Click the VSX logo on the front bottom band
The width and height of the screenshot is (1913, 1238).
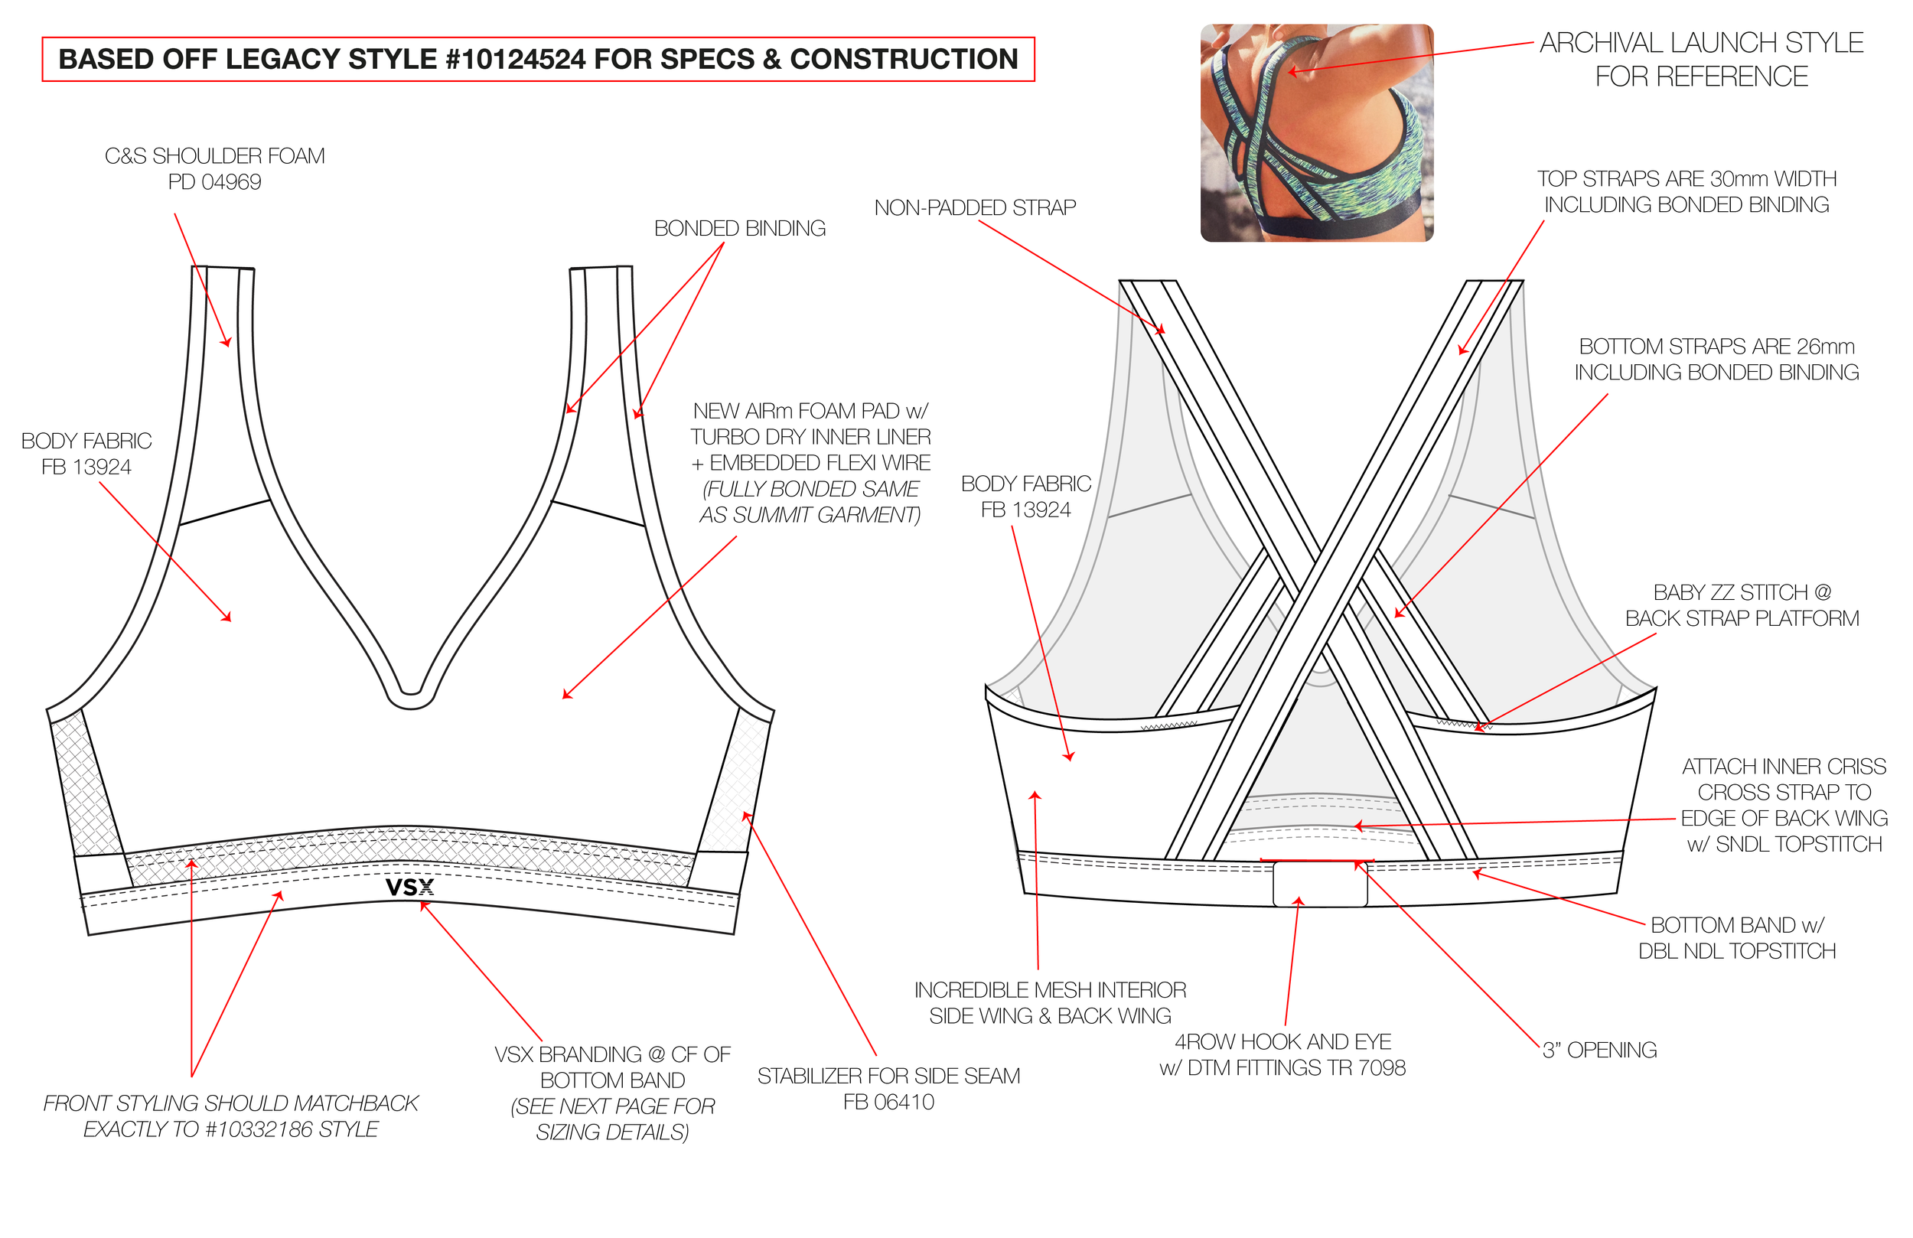pos(410,888)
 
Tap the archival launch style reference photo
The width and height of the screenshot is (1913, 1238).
pos(1317,132)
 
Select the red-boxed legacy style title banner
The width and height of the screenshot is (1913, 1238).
pos(538,60)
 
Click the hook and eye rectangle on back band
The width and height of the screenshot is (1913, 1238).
pos(1320,884)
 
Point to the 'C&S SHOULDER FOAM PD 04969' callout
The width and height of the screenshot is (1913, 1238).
pos(214,169)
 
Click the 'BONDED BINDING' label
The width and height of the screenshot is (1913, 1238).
pos(739,228)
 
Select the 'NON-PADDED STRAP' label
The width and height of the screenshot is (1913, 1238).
pos(975,207)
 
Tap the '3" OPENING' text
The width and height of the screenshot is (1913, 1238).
pos(1599,1050)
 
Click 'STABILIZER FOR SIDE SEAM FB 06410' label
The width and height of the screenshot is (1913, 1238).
pos(888,1089)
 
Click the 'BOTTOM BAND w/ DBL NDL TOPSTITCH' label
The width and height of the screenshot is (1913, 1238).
pos(1737,937)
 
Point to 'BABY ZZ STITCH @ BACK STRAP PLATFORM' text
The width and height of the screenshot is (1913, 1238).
pos(1742,605)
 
